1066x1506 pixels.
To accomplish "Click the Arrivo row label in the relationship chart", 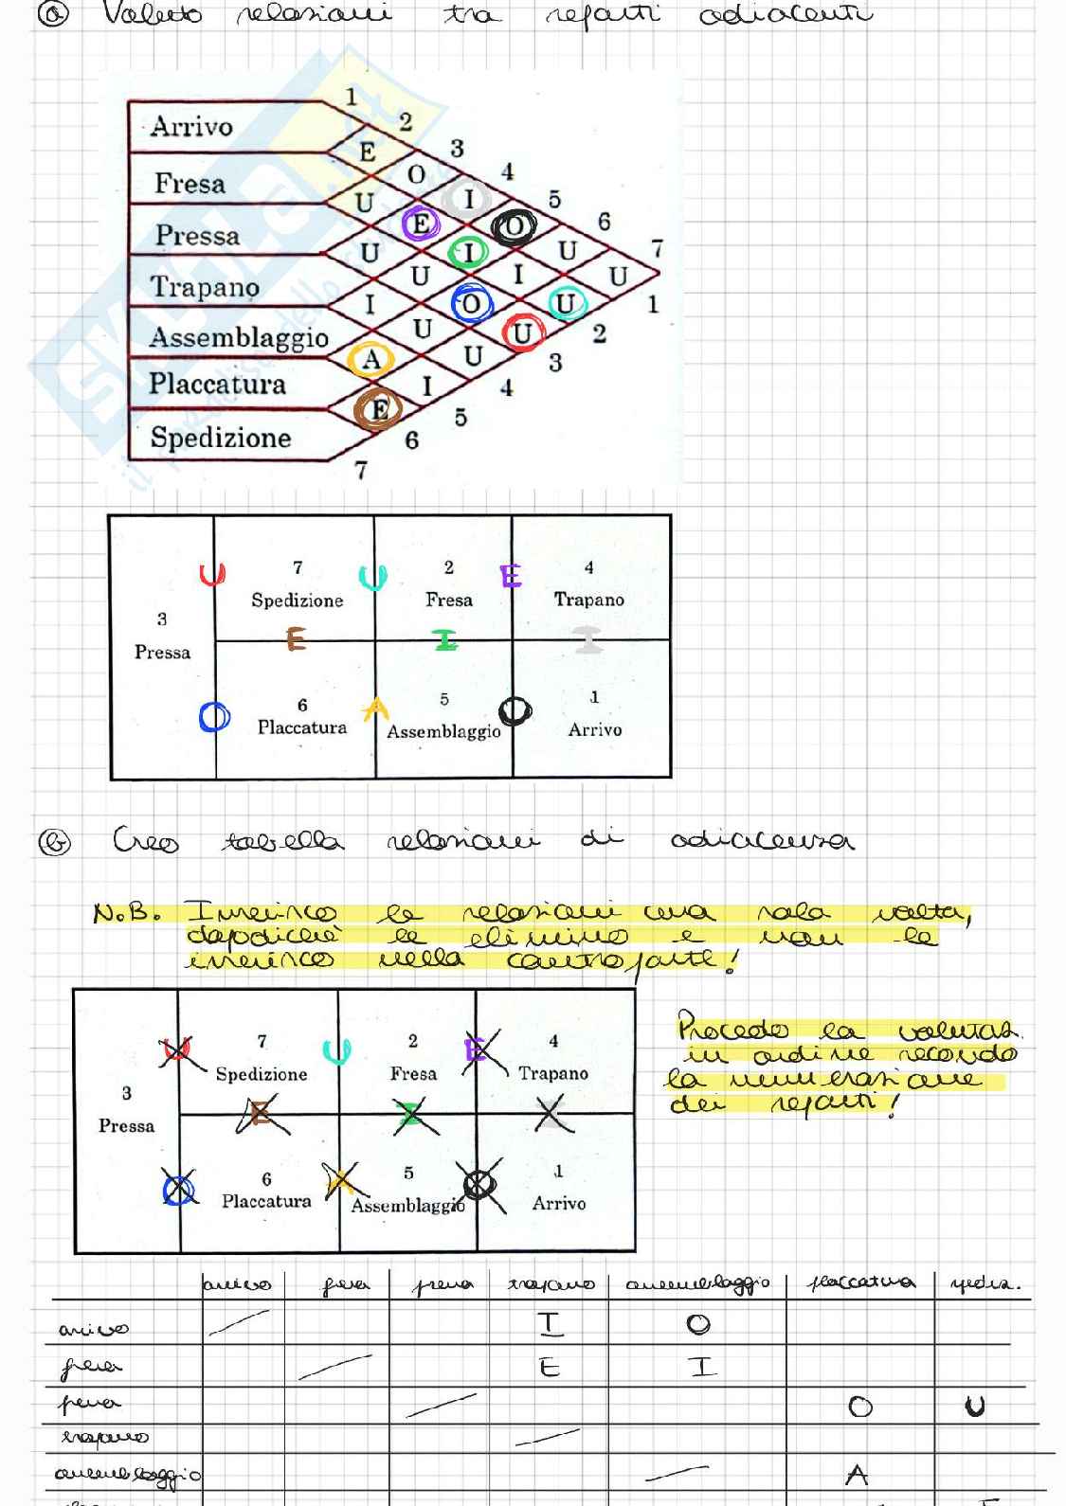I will pos(191,126).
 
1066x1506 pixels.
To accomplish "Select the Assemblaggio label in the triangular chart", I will pos(239,337).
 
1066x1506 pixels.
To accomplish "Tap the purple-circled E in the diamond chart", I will pos(420,224).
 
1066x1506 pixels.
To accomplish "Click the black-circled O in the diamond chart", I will pos(514,227).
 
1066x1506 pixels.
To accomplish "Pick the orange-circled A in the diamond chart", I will pos(371,360).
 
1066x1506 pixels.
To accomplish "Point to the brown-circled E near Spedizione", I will pos(378,409).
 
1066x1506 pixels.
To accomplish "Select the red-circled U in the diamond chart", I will pos(522,332).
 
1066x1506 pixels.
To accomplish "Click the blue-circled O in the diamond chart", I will pos(470,304).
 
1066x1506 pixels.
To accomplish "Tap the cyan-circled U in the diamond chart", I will pos(566,303).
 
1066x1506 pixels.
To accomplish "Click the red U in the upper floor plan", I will pos(212,575).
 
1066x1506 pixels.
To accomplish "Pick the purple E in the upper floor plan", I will pos(511,576).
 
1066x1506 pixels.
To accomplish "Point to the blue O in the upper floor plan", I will pos(214,717).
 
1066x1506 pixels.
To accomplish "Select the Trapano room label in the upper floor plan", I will pos(588,600).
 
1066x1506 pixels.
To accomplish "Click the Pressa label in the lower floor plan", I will pos(126,1125).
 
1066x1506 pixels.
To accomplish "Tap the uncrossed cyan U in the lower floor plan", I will pos(336,1051).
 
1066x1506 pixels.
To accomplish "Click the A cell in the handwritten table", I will pos(857,1475).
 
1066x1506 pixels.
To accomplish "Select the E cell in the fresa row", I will pos(549,1367).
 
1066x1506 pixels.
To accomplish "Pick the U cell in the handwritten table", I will pos(974,1407).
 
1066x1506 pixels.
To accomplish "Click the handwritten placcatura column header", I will pos(860,1283).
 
